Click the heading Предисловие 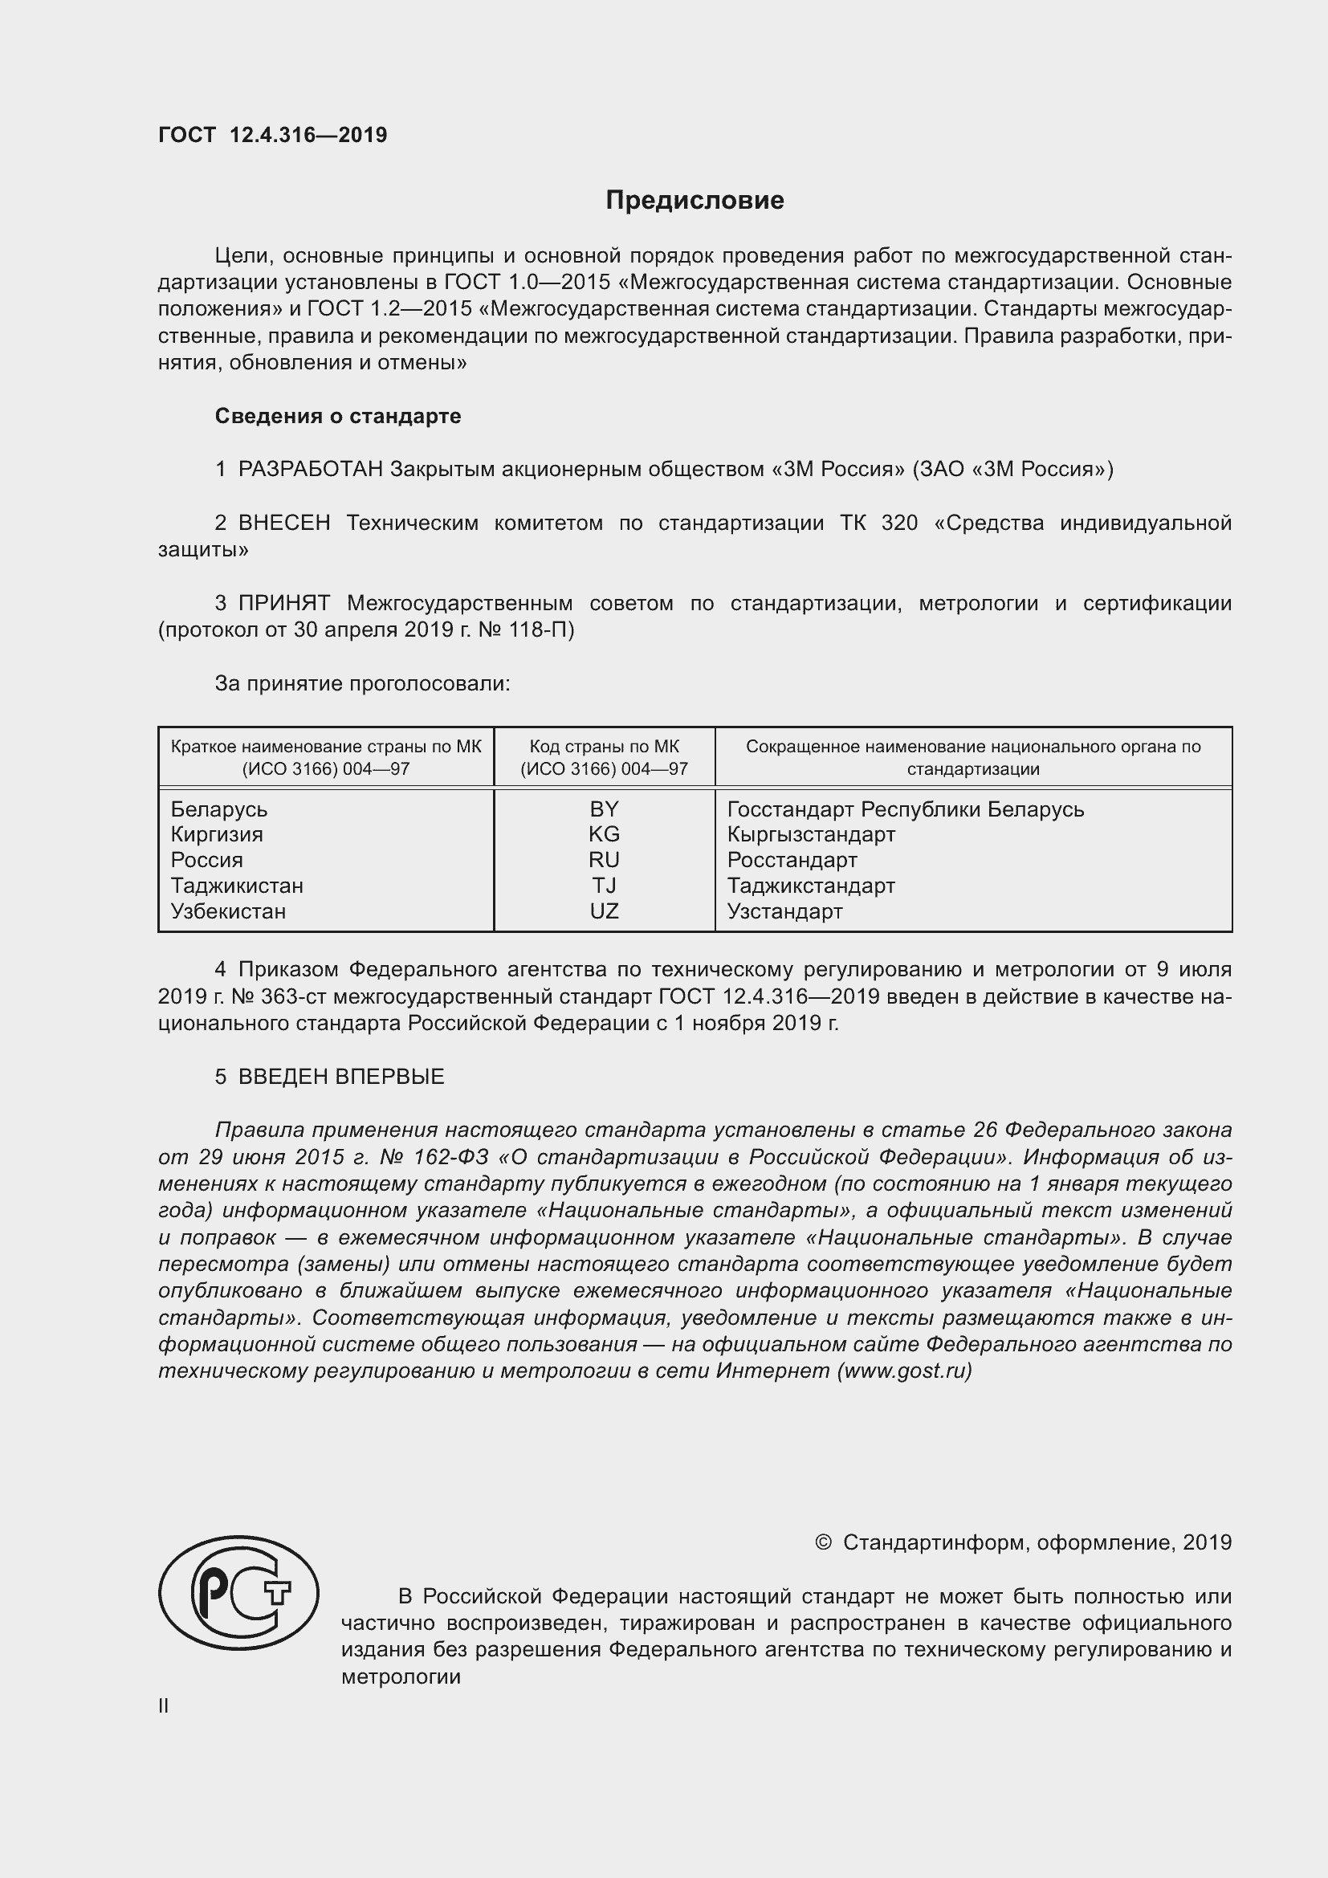click(x=695, y=201)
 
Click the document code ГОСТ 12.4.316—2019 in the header click(x=272, y=135)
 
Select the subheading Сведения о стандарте click(x=338, y=417)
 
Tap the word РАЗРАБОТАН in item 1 click(x=311, y=470)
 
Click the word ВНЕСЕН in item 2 click(x=283, y=523)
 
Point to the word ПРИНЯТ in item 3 click(x=283, y=604)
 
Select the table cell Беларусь click(x=219, y=810)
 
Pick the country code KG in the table click(x=605, y=834)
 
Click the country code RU click(x=605, y=860)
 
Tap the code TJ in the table click(x=605, y=886)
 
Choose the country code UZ click(x=605, y=911)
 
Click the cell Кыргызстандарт click(x=811, y=834)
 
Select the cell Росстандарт click(x=792, y=860)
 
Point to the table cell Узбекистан click(x=228, y=911)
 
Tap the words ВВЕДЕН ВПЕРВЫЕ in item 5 click(x=341, y=1077)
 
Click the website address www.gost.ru click(x=904, y=1371)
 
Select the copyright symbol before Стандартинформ click(x=824, y=1542)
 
